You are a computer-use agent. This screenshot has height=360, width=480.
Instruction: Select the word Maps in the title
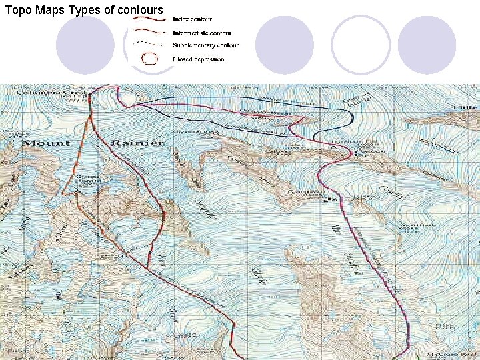(51, 10)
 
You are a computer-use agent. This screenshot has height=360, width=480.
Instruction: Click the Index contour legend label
(192, 19)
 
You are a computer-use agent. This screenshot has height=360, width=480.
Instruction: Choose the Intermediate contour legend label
(201, 32)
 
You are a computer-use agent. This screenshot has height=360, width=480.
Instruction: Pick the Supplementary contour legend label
(205, 45)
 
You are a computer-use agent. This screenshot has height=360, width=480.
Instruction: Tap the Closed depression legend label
(198, 59)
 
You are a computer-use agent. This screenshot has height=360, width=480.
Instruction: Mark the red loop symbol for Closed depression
(150, 59)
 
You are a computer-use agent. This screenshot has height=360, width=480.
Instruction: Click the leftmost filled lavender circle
(85, 45)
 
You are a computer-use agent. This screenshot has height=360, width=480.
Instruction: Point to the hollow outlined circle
(361, 45)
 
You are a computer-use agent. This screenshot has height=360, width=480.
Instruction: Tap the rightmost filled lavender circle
(427, 45)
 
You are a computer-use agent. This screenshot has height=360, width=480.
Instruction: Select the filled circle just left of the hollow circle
(285, 45)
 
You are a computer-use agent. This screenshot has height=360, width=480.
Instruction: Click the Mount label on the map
(47, 143)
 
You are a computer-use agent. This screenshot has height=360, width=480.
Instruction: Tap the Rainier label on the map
(137, 143)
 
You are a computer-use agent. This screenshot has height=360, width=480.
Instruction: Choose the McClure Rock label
(461, 353)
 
